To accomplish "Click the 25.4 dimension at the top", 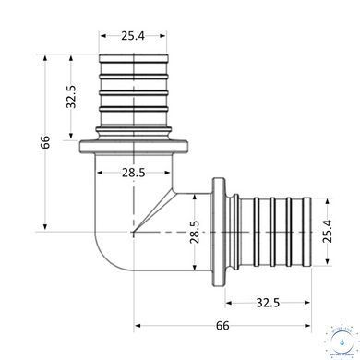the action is [133, 36].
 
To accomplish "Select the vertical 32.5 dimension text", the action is [71, 96].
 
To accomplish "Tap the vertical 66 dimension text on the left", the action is [45, 142].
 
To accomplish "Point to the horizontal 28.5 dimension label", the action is [133, 173].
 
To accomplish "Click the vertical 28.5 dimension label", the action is [195, 232].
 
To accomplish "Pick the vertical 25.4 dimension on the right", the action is [328, 232].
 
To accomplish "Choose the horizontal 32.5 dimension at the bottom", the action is [268, 303].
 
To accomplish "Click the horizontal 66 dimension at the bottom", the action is [222, 326].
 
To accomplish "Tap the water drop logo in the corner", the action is [342, 342].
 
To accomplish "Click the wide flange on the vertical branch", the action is [134, 147].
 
